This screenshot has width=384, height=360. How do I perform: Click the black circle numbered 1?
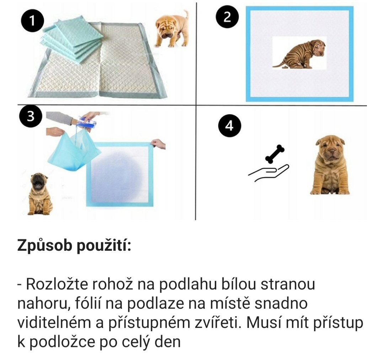point(32,21)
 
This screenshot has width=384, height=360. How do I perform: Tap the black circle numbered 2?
point(227,17)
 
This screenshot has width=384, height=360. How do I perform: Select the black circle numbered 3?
point(31,116)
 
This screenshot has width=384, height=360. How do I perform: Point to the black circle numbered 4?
point(229,126)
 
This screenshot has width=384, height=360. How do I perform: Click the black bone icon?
point(275,154)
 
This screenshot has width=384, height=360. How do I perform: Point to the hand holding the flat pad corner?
point(158,144)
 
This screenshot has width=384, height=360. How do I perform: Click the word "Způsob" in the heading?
point(44,245)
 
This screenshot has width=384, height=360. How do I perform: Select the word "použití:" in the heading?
point(104,245)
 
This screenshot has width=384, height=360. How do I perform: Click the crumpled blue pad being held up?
point(74,151)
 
